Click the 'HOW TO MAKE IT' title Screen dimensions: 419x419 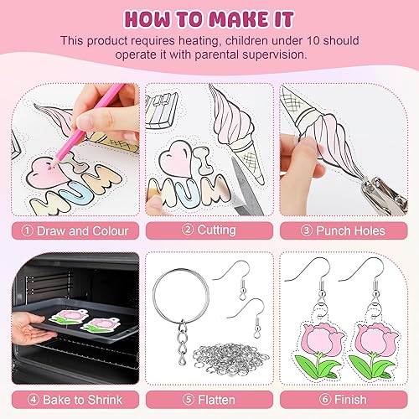[x=209, y=19]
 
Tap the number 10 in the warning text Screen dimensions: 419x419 [x=313, y=41]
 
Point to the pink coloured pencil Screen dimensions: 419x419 [x=86, y=127]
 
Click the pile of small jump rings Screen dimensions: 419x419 [x=230, y=359]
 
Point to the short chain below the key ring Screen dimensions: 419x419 [x=183, y=343]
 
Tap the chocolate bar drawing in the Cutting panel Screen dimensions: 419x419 [x=162, y=111]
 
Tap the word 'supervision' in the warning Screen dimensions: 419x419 [x=274, y=54]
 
